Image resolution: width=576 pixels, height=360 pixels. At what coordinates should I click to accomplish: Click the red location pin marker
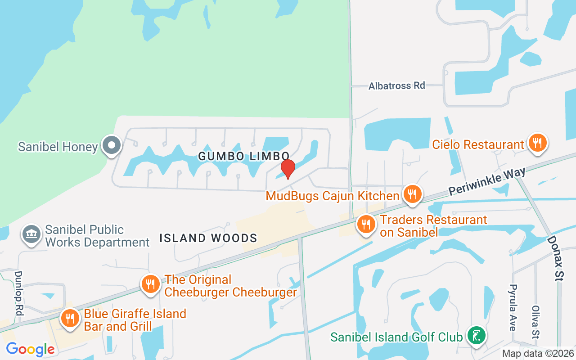tap(288, 169)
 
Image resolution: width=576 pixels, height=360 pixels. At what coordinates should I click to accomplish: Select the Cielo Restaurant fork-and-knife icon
tap(537, 143)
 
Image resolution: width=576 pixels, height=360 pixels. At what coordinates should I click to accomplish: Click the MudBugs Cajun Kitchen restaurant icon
tap(412, 194)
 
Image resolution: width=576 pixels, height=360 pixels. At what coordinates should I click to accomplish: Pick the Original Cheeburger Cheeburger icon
tap(150, 284)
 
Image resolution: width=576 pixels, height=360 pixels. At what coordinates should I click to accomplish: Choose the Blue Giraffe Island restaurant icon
tap(70, 319)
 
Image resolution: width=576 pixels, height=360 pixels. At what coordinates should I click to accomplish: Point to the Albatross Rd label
tap(396, 85)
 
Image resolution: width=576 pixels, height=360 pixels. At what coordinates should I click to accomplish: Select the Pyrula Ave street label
tap(513, 307)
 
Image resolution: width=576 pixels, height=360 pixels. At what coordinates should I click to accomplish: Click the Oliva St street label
tap(535, 322)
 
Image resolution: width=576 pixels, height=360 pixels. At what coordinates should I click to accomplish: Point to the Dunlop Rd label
tap(18, 292)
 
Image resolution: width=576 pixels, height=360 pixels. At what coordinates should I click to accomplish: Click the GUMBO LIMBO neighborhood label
tap(243, 156)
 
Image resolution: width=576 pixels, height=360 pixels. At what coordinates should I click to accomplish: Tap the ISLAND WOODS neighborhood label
tap(208, 238)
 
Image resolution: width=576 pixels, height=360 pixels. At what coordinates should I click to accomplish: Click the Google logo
tap(30, 349)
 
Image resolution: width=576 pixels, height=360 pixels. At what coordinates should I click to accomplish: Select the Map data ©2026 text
tap(538, 354)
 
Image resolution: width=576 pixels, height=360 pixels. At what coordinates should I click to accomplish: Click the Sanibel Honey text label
tap(58, 147)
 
